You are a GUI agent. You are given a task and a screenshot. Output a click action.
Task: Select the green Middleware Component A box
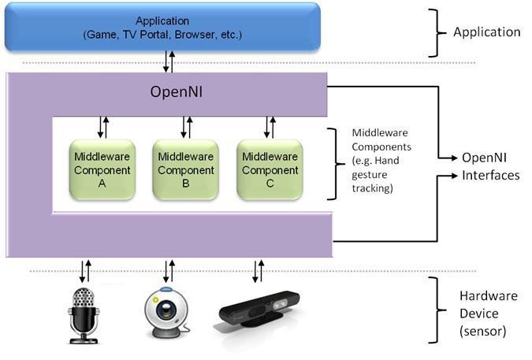[101, 169]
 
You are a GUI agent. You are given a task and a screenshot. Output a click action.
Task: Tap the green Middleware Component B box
[184, 169]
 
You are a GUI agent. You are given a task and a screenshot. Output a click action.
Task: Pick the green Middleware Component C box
[270, 169]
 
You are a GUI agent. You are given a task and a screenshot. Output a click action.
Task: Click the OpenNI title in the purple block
[178, 92]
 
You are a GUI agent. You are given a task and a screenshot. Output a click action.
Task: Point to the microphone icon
[83, 314]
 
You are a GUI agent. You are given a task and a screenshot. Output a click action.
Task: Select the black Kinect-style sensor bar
[261, 311]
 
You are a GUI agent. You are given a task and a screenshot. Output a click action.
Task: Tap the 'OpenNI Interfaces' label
[490, 167]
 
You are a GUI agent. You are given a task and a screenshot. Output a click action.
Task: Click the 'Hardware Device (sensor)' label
[489, 314]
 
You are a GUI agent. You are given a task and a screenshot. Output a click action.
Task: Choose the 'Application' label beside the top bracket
[486, 32]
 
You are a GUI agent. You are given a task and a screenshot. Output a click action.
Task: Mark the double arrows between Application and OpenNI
[169, 61]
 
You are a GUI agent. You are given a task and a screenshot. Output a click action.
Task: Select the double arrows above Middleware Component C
[268, 127]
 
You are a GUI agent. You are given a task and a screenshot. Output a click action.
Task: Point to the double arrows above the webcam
[169, 270]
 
